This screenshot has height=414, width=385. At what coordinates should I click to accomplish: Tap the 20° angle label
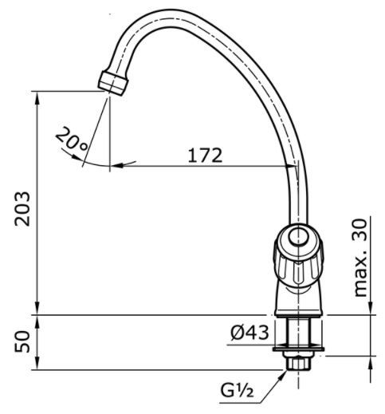coord(73,144)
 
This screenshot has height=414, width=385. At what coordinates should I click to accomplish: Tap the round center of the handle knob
coord(297,238)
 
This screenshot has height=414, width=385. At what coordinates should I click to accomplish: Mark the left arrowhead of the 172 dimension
coord(116,166)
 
